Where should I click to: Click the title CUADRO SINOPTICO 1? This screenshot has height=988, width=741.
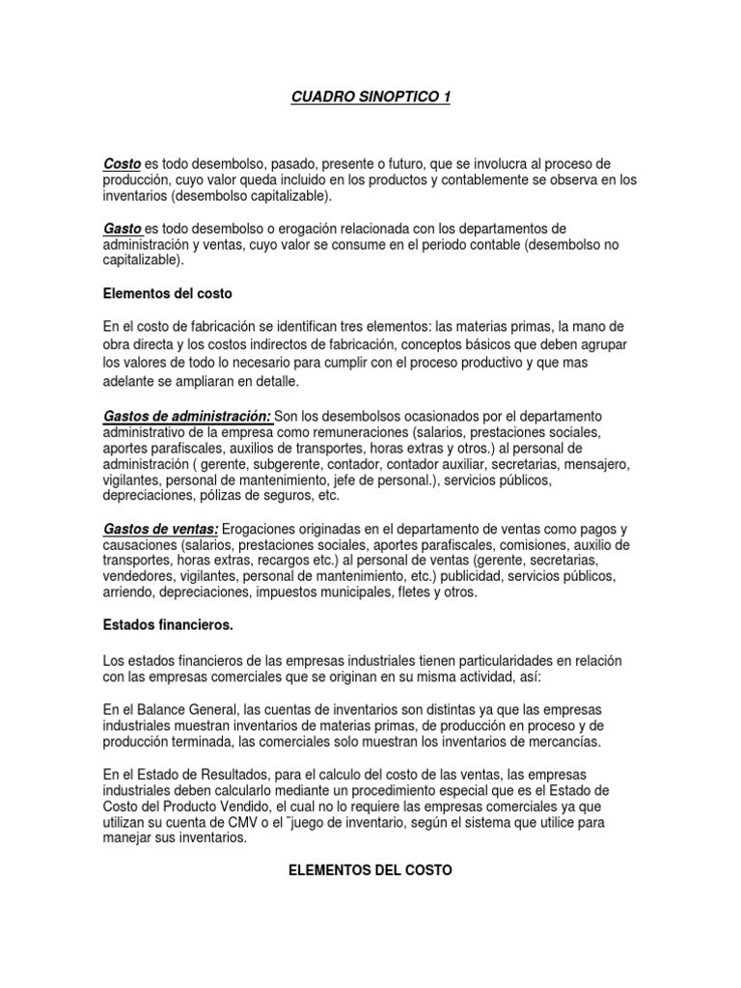click(370, 97)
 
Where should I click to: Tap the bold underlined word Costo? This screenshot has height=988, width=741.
click(122, 164)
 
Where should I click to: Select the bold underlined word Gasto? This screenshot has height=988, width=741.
click(123, 229)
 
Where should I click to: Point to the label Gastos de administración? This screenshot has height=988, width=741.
click(186, 415)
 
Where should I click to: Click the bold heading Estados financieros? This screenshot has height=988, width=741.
click(168, 625)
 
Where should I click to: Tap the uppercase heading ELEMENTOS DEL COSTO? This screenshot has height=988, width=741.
click(371, 870)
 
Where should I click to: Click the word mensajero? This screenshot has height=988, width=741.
click(598, 464)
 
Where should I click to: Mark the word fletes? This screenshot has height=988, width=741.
click(422, 592)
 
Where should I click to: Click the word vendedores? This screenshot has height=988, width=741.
click(136, 576)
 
